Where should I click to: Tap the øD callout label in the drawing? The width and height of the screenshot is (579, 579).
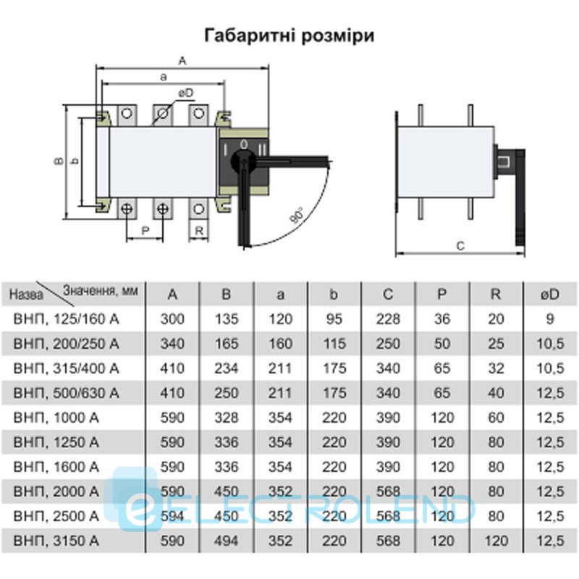coord(186,93)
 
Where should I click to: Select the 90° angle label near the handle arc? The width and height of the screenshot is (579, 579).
coord(297,215)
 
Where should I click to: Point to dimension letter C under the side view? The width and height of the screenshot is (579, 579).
coord(460,246)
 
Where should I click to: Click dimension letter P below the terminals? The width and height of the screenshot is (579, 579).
coord(145,231)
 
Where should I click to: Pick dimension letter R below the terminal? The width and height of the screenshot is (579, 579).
coord(199,231)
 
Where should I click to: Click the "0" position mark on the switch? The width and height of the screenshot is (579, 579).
coord(244,144)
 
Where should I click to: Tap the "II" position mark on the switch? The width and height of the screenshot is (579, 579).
coord(262,150)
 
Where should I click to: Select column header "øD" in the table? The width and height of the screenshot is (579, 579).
coord(550,295)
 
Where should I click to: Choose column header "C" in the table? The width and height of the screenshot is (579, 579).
coord(388,295)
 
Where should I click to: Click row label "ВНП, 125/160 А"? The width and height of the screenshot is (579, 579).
coord(66,319)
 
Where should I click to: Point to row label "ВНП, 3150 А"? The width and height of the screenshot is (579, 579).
coord(56,541)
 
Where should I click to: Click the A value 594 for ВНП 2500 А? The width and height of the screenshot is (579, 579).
coord(172,516)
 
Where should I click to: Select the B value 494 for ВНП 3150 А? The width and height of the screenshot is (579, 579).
coord(226,541)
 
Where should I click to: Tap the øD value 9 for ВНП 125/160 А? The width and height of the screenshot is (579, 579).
coord(550,319)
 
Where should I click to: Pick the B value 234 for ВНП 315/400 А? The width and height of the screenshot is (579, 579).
coord(226,368)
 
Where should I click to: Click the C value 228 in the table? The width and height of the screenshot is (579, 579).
coord(388,319)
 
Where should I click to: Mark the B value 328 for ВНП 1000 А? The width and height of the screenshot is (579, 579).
coord(226,418)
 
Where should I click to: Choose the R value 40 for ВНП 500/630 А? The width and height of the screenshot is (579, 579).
coord(496,393)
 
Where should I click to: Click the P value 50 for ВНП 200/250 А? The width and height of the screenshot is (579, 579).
coord(441,344)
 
